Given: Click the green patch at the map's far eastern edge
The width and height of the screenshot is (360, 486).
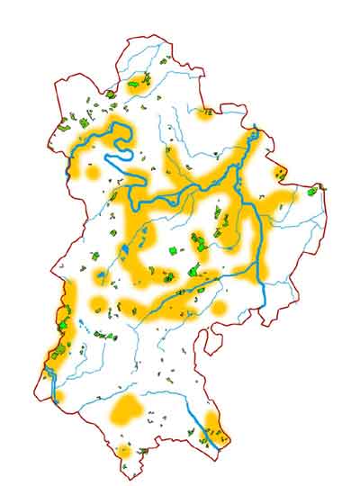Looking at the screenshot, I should (312, 190).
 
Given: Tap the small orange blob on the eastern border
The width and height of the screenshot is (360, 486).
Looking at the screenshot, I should (278, 172).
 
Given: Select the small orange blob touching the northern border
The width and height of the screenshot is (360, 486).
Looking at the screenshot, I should (205, 113).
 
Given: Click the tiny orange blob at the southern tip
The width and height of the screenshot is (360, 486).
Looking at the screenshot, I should (124, 450).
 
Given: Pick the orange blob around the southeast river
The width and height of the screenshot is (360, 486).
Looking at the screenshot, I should (212, 423).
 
